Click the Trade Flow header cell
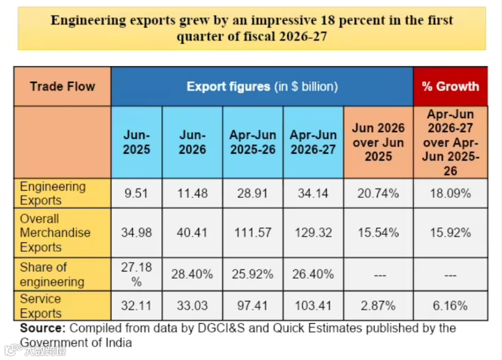[62, 86]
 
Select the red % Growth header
[451, 86]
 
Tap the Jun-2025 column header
[137, 142]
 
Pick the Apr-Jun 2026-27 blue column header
[313, 142]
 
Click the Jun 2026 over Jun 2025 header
[378, 142]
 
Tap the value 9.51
[137, 193]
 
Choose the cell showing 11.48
[192, 193]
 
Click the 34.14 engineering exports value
[313, 193]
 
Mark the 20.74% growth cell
[378, 193]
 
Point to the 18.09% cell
[451, 193]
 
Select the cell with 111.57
[253, 233]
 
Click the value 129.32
[313, 232]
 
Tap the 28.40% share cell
[192, 274]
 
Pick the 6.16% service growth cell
[451, 305]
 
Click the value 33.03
[192, 305]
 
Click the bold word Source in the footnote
[42, 328]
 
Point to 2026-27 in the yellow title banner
[303, 36]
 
